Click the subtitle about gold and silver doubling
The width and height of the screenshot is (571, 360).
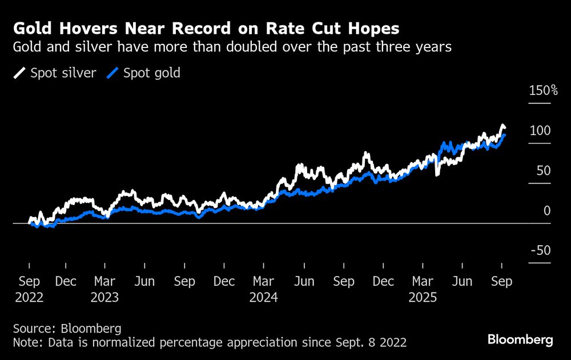coord(232,47)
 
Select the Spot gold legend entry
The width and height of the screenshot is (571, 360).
coord(144,73)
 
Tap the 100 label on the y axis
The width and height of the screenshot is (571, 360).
coord(540,131)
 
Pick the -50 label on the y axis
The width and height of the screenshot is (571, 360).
coord(540,251)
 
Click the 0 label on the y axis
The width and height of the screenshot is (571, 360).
coord(547,211)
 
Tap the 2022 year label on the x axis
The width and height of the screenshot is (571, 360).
coord(29,298)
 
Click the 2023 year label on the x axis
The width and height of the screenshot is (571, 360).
coord(104,298)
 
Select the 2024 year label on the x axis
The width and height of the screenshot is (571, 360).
coord(263,298)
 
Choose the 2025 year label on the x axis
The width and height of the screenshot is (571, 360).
coord(422,298)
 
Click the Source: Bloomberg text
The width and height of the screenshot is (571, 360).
coord(68,329)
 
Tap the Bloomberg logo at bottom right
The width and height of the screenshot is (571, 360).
coord(520,340)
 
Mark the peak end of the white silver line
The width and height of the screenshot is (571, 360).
coord(502,126)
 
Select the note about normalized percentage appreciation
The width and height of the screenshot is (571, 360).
coord(210,342)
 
